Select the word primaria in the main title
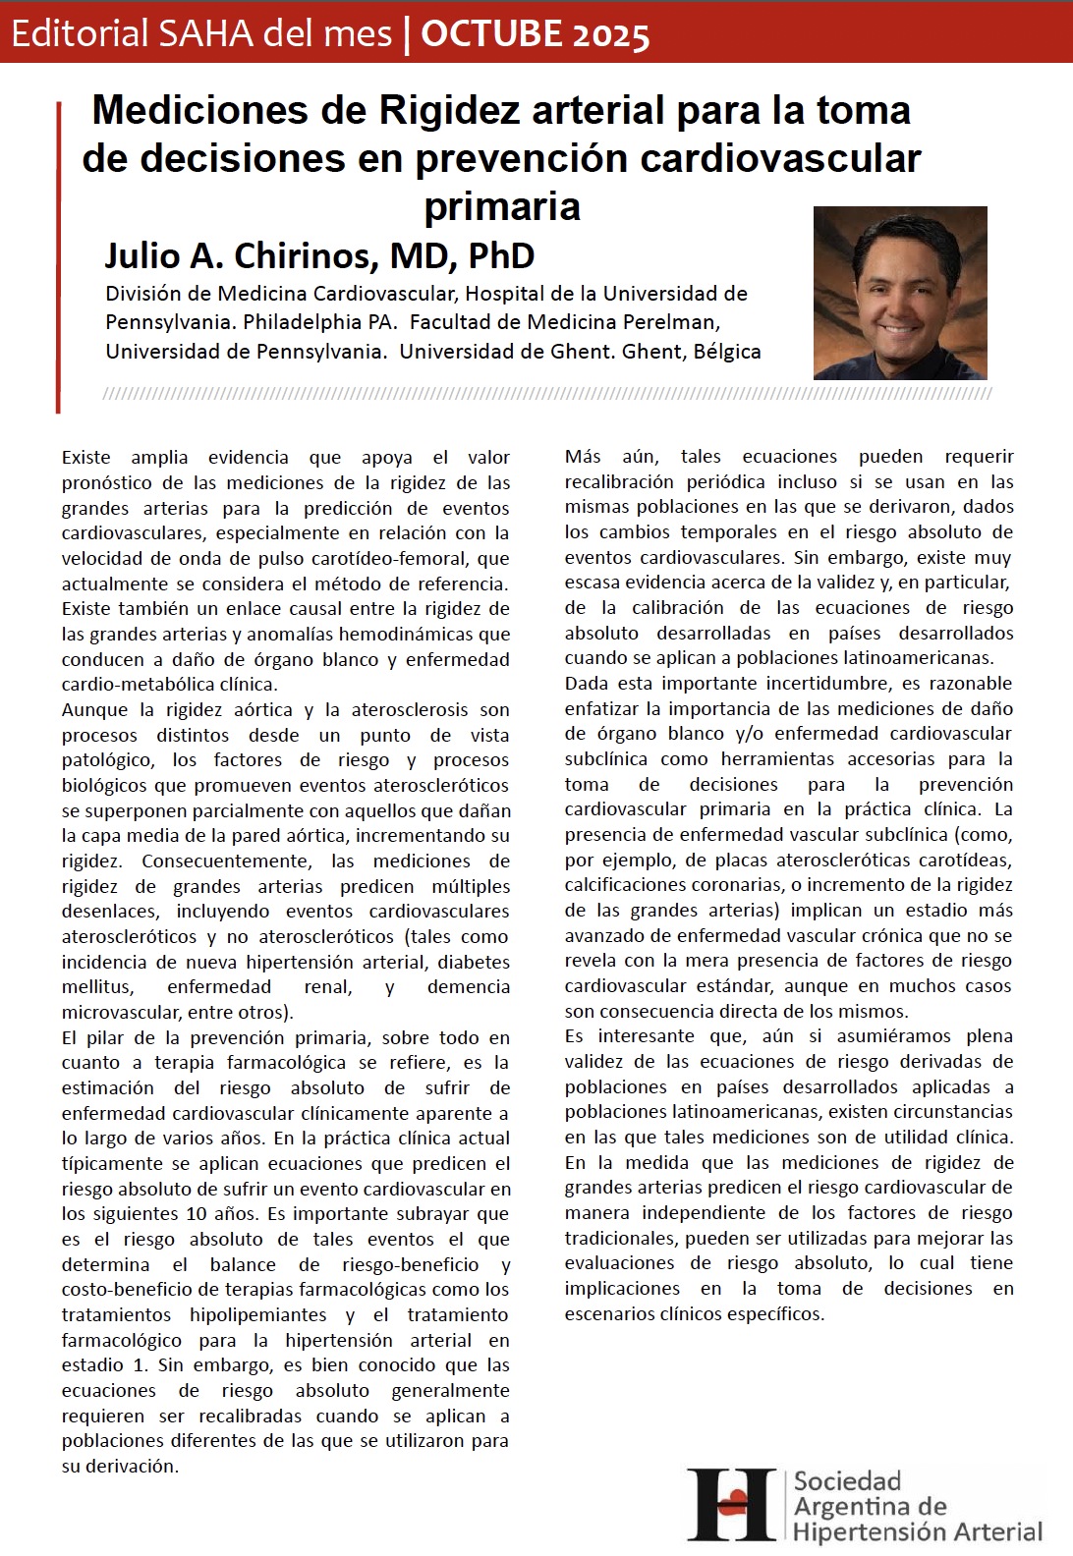click(x=502, y=206)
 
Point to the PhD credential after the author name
click(x=501, y=255)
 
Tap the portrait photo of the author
click(x=900, y=293)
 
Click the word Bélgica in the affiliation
click(x=727, y=352)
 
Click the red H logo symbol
click(x=732, y=1504)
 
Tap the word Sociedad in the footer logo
click(x=847, y=1480)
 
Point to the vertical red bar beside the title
click(x=59, y=255)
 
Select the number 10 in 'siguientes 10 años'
click(x=197, y=1213)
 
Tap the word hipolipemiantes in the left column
click(x=258, y=1314)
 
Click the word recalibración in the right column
click(x=616, y=481)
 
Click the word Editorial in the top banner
click(x=80, y=33)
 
